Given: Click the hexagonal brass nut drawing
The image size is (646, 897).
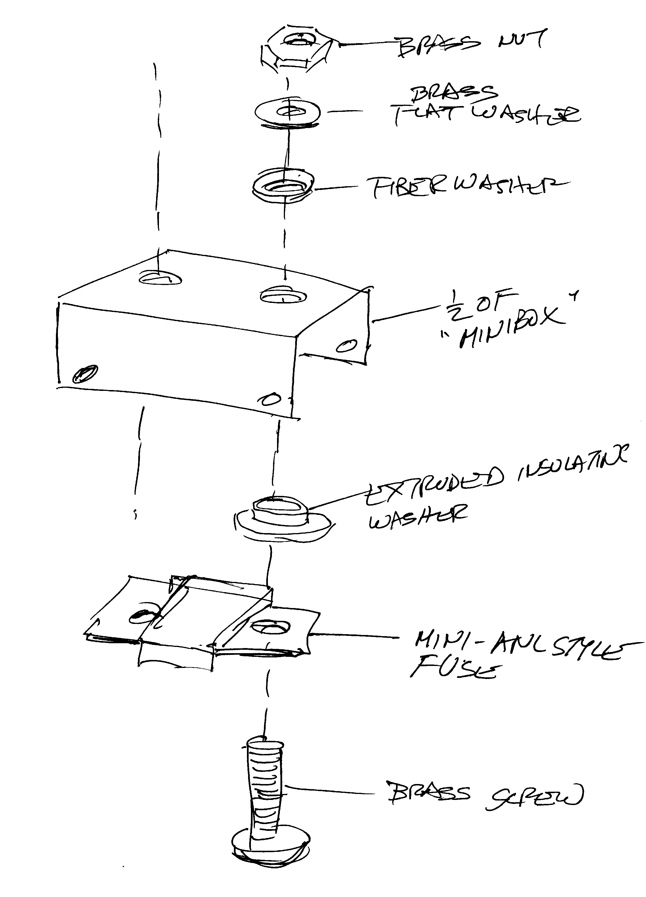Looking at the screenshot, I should coord(299,48).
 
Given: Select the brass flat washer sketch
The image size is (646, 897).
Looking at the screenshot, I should coord(288,113).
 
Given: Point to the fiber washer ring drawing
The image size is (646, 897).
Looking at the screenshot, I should coord(282,186).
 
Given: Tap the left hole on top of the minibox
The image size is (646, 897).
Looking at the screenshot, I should coord(160,279).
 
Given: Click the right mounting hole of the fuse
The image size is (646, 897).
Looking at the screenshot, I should coord(270,626).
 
